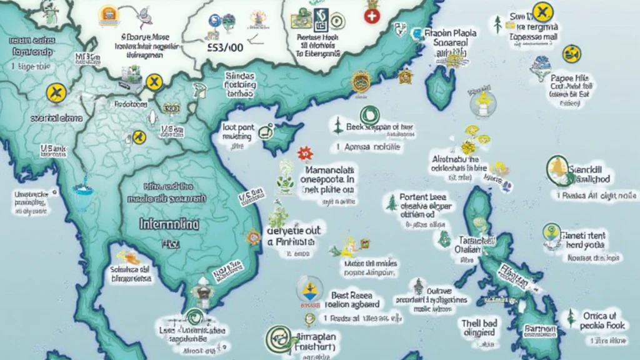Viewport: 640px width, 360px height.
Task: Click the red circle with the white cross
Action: tap(371, 17)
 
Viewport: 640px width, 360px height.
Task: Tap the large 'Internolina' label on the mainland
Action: tap(169, 224)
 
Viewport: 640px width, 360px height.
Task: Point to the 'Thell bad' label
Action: tap(479, 323)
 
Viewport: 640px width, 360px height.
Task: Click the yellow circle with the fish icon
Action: tap(571, 54)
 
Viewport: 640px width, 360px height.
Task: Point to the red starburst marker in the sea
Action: tap(304, 152)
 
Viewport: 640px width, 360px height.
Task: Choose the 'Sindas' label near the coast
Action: tap(240, 76)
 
